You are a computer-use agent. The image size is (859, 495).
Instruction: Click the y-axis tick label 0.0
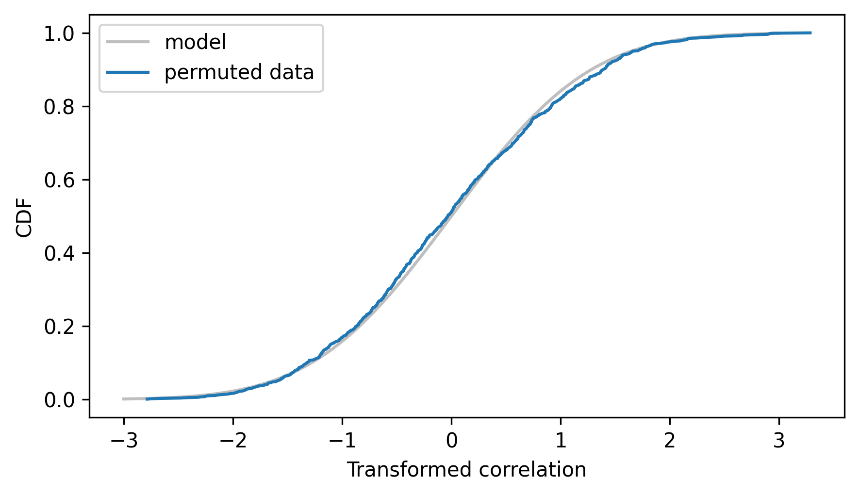[59, 400]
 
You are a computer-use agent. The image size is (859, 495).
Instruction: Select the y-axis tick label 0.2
[59, 327]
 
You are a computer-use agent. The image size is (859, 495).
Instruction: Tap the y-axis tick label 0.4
[59, 253]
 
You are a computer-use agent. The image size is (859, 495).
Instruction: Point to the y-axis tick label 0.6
[59, 180]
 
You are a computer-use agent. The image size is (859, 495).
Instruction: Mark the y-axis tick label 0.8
[59, 107]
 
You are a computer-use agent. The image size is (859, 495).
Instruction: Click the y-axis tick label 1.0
[59, 33]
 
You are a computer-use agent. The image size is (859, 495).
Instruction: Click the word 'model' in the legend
[196, 43]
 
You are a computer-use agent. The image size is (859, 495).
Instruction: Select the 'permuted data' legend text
[239, 72]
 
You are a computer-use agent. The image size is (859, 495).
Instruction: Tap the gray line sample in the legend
[128, 43]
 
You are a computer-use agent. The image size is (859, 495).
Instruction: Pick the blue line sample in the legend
[128, 72]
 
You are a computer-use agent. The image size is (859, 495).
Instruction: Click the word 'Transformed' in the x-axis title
[410, 470]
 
